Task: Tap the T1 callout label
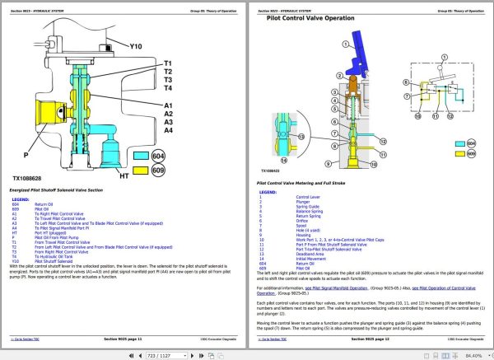167,63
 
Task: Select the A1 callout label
167,105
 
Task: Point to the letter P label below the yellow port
26,153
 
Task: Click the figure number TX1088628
33,177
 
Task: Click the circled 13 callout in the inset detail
301,136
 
